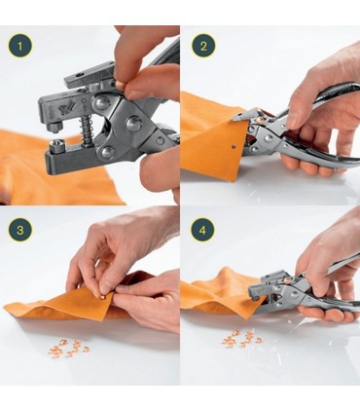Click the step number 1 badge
[x=20, y=46]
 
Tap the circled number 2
[x=203, y=46]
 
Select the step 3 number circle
[x=20, y=230]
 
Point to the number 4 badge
[x=203, y=230]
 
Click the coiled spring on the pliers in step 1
[x=87, y=129]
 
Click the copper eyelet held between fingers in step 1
[x=120, y=85]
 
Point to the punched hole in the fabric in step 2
[x=234, y=147]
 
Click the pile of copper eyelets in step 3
[x=68, y=348]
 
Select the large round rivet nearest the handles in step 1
[x=133, y=124]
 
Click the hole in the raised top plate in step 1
[x=79, y=75]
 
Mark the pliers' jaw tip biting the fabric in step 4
[x=256, y=294]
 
